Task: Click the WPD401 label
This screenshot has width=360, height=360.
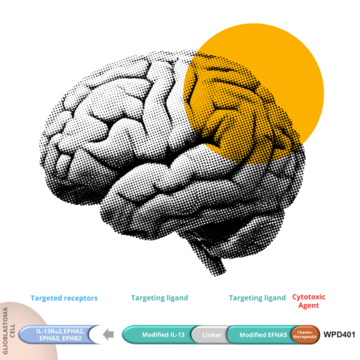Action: click(339, 334)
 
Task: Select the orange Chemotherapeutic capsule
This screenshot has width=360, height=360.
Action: click(305, 334)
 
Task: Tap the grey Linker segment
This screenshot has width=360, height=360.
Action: click(212, 334)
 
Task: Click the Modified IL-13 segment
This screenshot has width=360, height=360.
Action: click(161, 334)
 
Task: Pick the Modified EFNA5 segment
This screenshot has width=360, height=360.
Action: click(261, 334)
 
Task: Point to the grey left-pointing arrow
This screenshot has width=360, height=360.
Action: click(108, 334)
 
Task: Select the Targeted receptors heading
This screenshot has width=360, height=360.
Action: click(64, 298)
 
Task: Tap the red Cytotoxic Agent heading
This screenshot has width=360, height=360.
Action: click(309, 301)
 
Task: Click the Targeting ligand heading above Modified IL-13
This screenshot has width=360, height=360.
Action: click(159, 298)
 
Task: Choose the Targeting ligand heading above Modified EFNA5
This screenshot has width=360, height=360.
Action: click(257, 298)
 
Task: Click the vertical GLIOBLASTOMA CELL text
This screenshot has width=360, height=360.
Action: click(9, 330)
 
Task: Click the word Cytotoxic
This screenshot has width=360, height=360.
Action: click(309, 297)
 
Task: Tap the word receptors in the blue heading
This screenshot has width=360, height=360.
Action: click(81, 298)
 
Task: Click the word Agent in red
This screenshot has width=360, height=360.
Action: click(309, 305)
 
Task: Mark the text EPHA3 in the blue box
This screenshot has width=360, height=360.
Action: click(50, 338)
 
